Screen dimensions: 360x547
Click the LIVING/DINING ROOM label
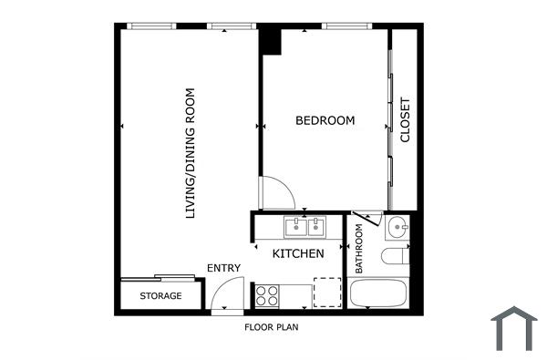pyautogui.click(x=191, y=153)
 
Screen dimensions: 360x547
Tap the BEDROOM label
pyautogui.click(x=325, y=120)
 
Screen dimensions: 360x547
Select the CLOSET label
pyautogui.click(x=405, y=120)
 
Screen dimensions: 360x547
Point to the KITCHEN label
pyautogui.click(x=298, y=253)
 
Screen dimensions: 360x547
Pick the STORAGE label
pyautogui.click(x=160, y=296)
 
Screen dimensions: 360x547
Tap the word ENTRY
pyautogui.click(x=223, y=268)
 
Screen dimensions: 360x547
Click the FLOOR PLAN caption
pyautogui.click(x=272, y=326)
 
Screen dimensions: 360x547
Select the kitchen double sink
pyautogui.click(x=305, y=226)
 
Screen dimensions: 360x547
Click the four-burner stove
pyautogui.click(x=268, y=294)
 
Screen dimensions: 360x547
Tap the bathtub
pyautogui.click(x=379, y=294)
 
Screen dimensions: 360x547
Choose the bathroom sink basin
pyautogui.click(x=397, y=226)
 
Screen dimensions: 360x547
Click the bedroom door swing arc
pyautogui.click(x=276, y=192)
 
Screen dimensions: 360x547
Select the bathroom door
pyautogui.click(x=366, y=221)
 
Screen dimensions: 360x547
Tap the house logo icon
pyautogui.click(x=514, y=328)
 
